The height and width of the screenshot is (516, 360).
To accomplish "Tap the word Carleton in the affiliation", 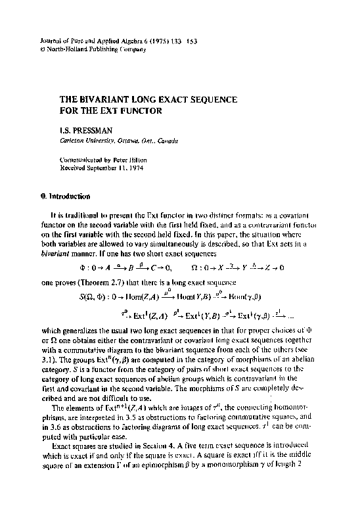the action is click(x=74, y=141).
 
